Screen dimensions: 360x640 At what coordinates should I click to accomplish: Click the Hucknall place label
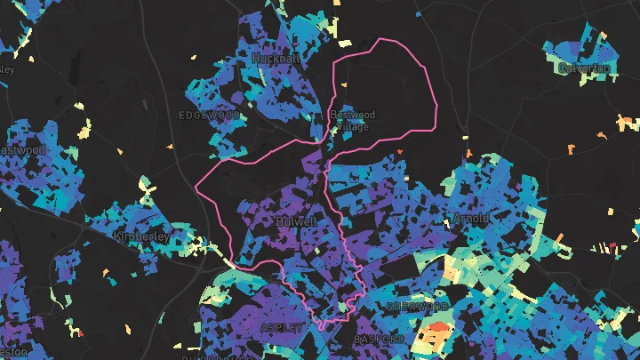coord(275,57)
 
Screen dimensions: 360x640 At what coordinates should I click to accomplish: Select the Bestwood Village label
coord(353,120)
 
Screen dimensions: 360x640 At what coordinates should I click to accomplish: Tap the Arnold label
coord(470,218)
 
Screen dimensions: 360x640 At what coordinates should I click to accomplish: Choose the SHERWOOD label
coord(417,306)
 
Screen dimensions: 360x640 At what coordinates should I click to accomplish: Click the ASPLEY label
coord(281,328)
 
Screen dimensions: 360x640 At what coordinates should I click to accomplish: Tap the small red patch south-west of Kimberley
coord(81,333)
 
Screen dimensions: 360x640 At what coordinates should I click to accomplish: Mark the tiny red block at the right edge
coord(612,245)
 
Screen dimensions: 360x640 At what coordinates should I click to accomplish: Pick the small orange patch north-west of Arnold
coord(399,152)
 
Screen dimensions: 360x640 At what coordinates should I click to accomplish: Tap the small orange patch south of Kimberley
coord(106,270)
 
